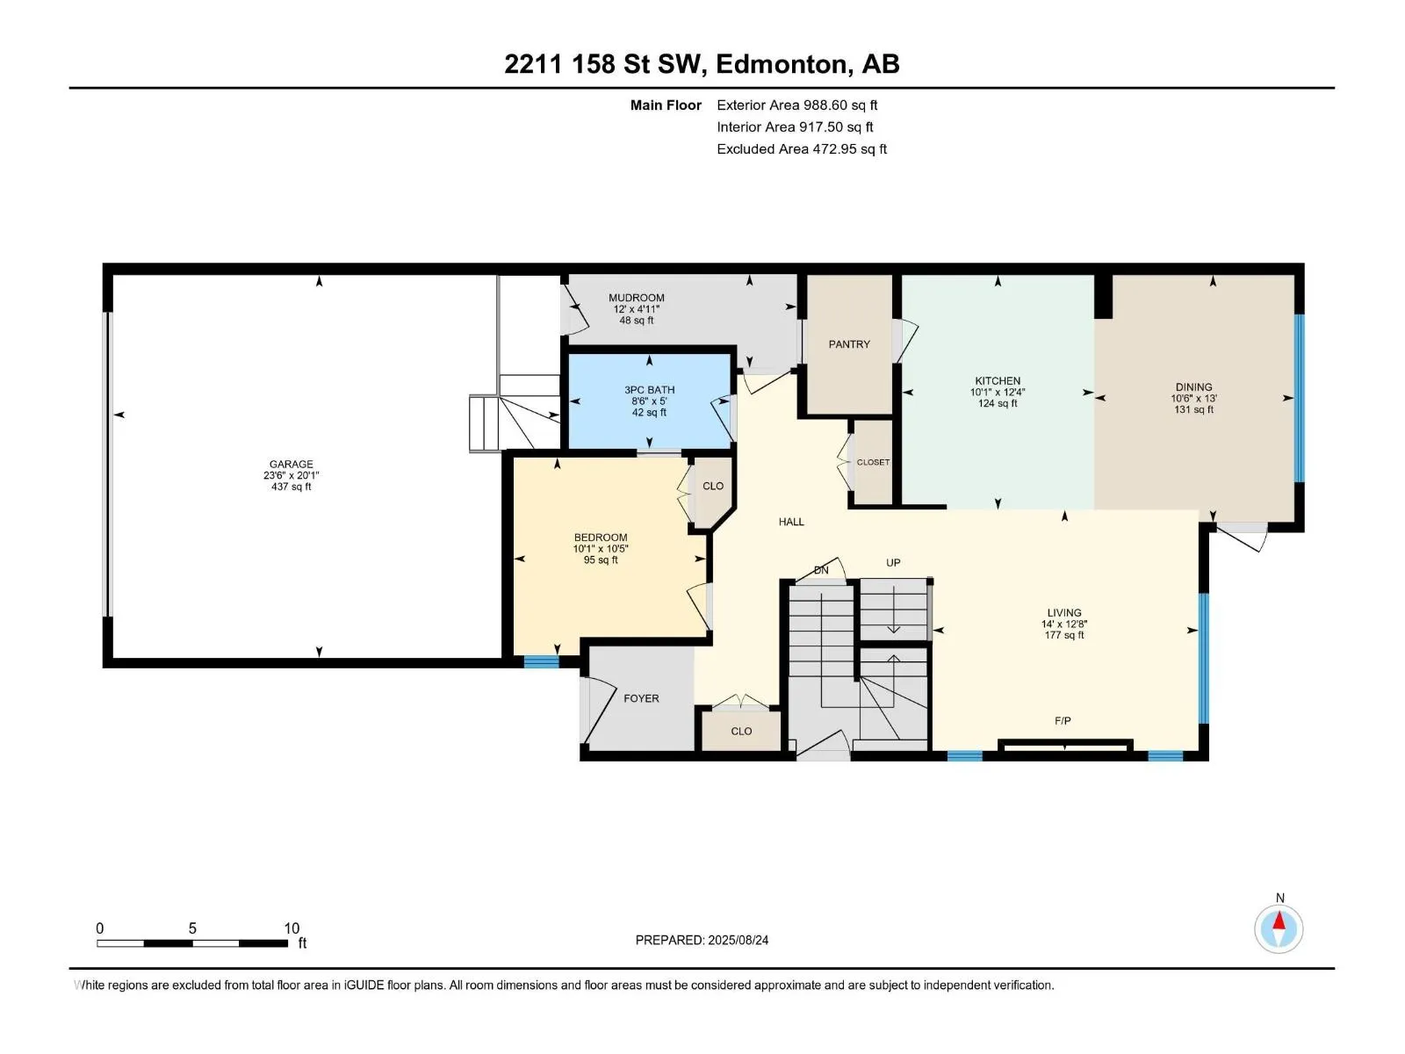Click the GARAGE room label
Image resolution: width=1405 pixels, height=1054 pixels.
click(x=291, y=464)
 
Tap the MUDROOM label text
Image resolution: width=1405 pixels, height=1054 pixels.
click(x=637, y=298)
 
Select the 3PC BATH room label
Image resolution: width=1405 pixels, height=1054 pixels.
click(x=650, y=390)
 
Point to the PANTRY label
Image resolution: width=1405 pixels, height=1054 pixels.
click(x=849, y=344)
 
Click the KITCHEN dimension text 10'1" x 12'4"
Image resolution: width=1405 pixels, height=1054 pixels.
click(x=998, y=393)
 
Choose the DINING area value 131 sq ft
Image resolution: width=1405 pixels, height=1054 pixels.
click(x=1193, y=409)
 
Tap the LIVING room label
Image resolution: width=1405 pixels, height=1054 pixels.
click(x=1064, y=612)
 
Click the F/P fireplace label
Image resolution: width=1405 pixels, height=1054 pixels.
click(x=1063, y=720)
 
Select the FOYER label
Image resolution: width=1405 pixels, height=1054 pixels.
click(x=641, y=698)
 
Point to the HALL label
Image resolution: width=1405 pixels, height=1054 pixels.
click(x=791, y=522)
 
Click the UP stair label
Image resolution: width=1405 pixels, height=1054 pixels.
click(x=893, y=562)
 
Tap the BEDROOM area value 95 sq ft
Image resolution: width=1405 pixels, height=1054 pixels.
click(x=601, y=560)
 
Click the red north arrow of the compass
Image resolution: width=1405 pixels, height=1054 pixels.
click(x=1279, y=920)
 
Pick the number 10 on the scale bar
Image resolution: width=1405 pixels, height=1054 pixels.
click(x=292, y=928)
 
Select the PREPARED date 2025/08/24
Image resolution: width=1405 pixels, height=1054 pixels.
click(x=738, y=940)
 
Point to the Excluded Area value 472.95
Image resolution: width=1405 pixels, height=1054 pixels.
click(x=834, y=149)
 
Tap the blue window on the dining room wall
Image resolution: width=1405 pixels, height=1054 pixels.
click(x=1299, y=397)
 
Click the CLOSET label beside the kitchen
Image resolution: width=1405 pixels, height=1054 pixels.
click(x=873, y=462)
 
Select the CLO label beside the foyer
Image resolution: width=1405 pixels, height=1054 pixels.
click(x=741, y=731)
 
